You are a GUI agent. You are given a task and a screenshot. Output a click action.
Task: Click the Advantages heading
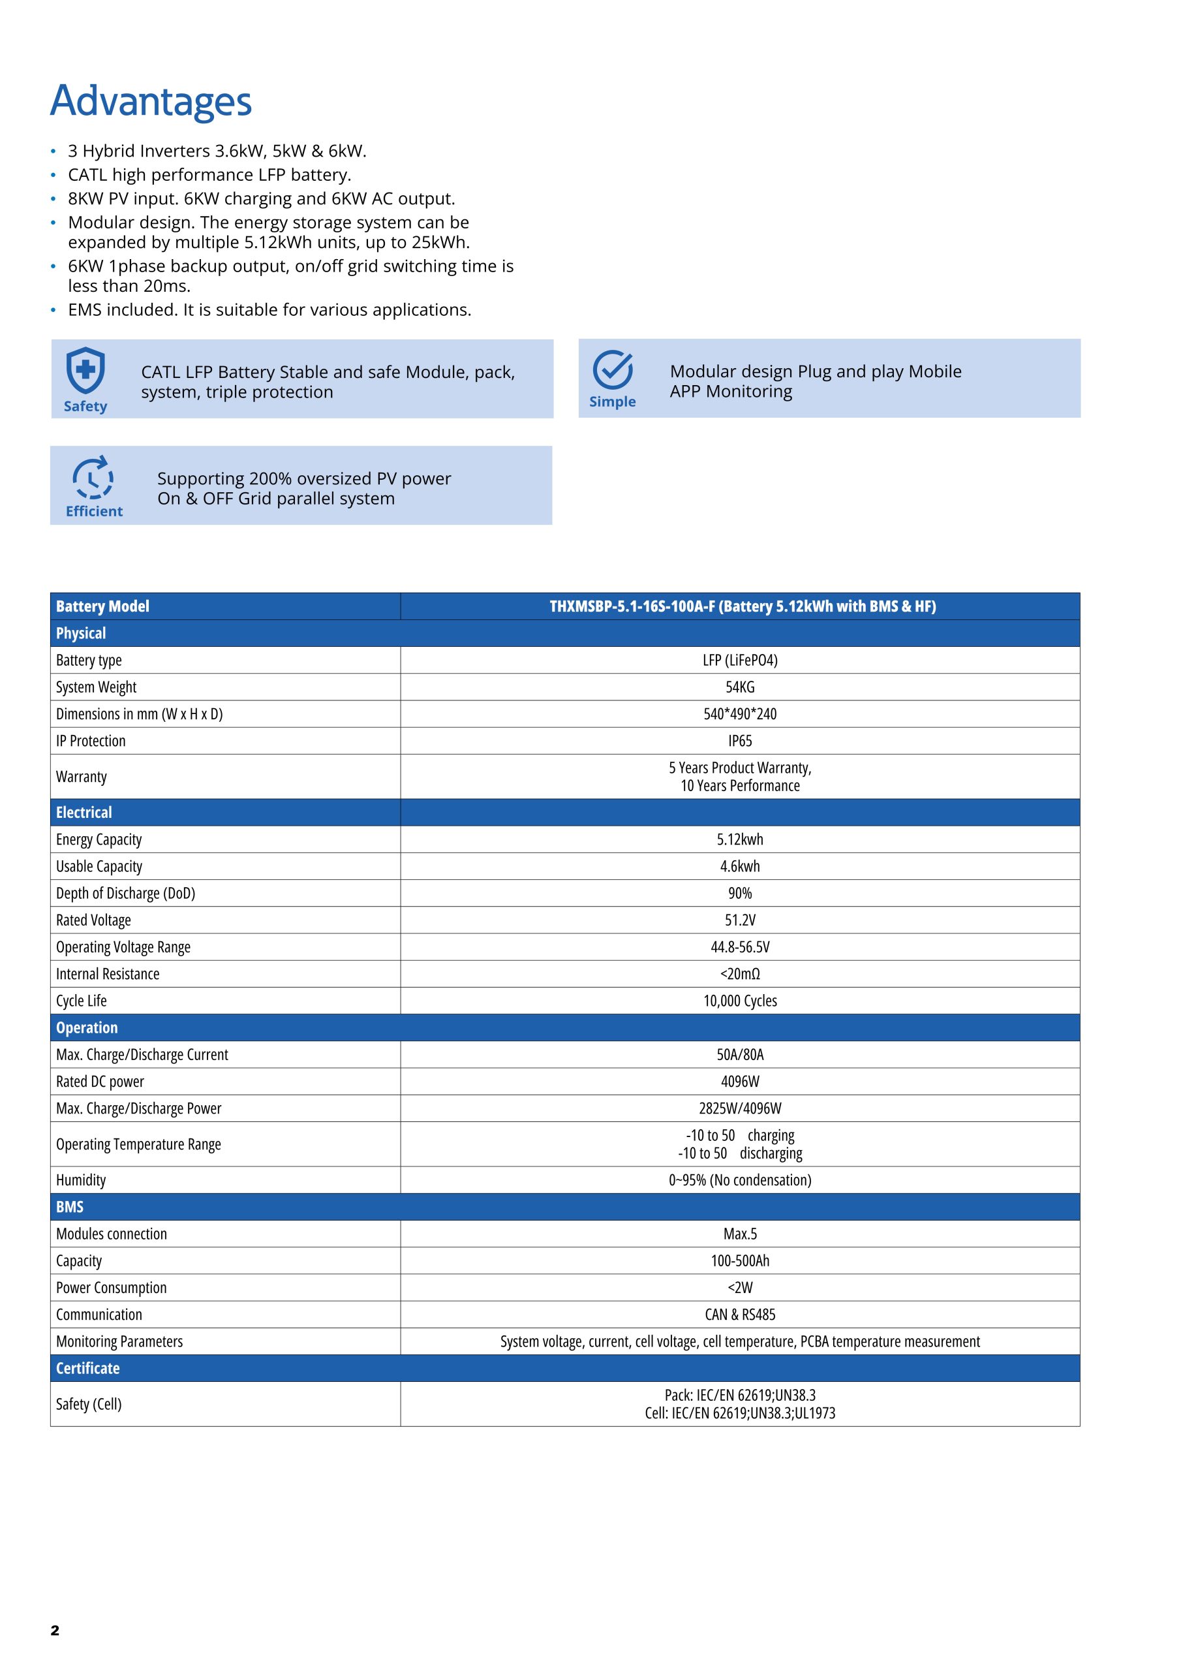click(x=151, y=101)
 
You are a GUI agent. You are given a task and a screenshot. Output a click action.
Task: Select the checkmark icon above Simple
click(x=612, y=369)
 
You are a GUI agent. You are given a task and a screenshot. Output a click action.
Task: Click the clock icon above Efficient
click(x=93, y=477)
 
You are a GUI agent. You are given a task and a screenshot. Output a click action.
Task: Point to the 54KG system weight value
click(x=739, y=687)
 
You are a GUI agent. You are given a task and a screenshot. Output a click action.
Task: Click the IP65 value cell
click(x=739, y=741)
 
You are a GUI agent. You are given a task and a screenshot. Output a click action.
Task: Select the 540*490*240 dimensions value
click(x=739, y=714)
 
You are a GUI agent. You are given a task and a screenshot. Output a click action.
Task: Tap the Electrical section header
click(x=84, y=812)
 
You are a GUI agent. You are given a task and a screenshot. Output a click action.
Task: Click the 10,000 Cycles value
click(x=739, y=1001)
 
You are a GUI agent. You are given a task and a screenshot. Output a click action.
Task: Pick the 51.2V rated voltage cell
click(x=739, y=920)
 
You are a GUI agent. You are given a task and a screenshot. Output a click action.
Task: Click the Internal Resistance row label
click(x=108, y=974)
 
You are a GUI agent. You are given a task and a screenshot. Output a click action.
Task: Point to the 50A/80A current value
click(x=739, y=1055)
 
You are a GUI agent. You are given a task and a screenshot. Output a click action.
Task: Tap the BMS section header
click(x=70, y=1207)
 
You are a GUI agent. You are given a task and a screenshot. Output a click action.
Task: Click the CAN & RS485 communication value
click(x=739, y=1315)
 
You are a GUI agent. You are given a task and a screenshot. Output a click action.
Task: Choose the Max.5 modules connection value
click(x=739, y=1234)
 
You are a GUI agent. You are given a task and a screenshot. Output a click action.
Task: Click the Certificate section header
click(x=88, y=1368)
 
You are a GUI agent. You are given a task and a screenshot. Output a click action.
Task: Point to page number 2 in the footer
click(x=55, y=1631)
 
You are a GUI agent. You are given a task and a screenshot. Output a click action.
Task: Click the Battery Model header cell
click(x=102, y=606)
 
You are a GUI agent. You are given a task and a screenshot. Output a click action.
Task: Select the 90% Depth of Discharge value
click(x=739, y=893)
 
